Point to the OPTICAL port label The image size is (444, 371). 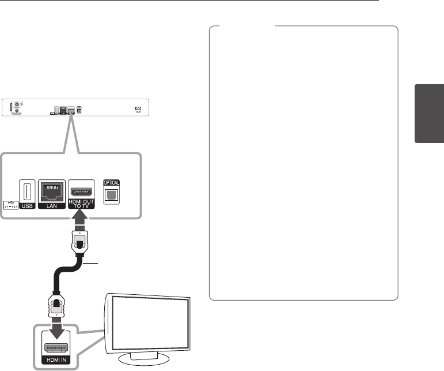[x=111, y=183]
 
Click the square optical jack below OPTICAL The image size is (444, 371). [x=111, y=194]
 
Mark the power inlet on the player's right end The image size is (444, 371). [x=138, y=108]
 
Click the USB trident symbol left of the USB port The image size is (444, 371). [x=10, y=204]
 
